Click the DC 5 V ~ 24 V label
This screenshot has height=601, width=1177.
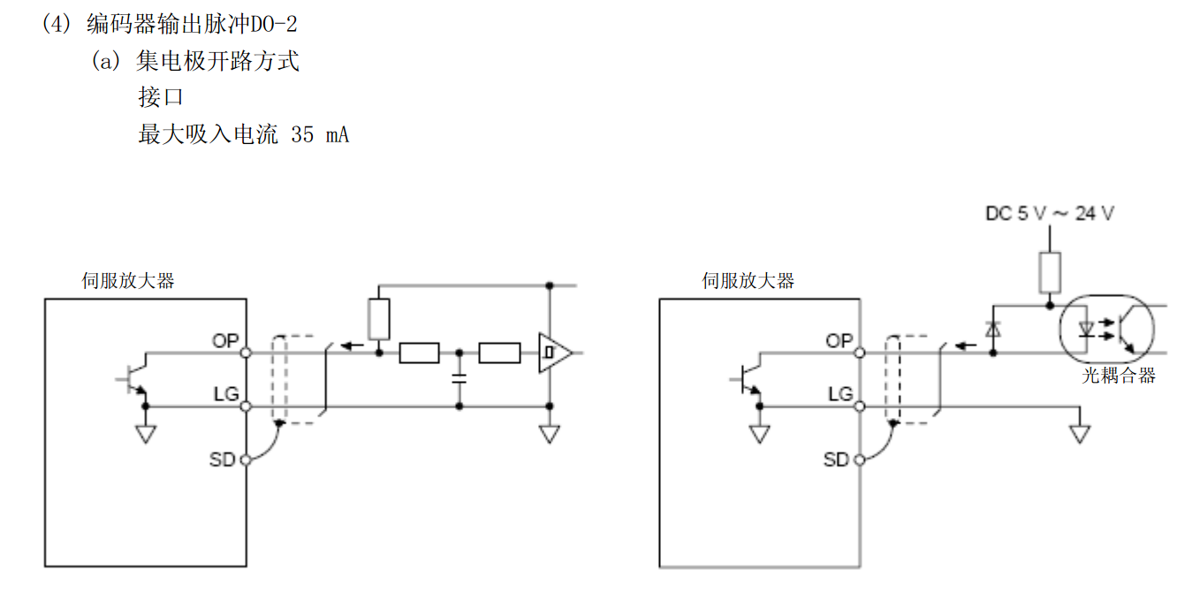[1049, 213]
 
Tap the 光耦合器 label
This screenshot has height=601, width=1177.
[1119, 376]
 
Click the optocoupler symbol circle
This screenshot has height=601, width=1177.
[1106, 330]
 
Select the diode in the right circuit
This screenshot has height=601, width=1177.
[992, 330]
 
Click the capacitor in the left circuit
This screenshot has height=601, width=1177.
[459, 377]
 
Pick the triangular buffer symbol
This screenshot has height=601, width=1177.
[554, 353]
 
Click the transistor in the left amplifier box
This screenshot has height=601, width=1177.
[135, 377]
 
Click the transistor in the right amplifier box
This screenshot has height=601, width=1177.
[748, 377]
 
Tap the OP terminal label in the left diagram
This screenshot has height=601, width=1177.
[225, 340]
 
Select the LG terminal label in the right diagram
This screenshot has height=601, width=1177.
[840, 393]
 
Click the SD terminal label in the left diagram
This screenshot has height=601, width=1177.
[223, 460]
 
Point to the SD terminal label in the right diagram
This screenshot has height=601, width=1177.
[837, 460]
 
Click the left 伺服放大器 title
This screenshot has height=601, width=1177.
[128, 281]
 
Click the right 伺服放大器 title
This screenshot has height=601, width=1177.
[748, 281]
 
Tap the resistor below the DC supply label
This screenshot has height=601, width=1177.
[1050, 272]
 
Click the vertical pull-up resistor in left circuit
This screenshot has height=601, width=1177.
[379, 319]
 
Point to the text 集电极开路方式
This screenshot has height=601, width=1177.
[217, 61]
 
